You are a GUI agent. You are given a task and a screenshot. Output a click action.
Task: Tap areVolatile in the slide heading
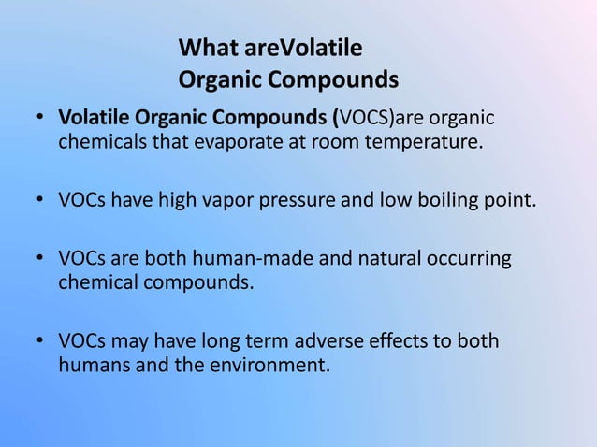[300, 47]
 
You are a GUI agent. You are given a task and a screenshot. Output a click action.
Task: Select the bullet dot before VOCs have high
[41, 201]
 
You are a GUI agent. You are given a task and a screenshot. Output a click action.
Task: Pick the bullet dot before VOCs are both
[41, 257]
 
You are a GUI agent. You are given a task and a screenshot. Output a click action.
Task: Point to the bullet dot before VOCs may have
[41, 340]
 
